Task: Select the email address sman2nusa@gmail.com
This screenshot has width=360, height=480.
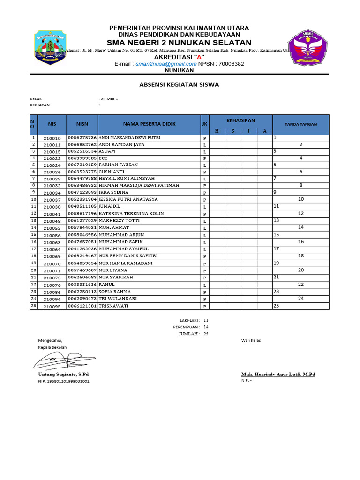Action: coord(159,64)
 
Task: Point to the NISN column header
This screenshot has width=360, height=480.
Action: coord(82,124)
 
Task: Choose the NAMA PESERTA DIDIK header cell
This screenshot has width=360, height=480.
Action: coord(149,124)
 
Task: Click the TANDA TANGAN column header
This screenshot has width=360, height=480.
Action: coord(301,124)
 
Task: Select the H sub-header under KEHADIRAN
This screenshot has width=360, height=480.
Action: coord(217,131)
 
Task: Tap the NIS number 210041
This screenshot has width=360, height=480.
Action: coord(52,214)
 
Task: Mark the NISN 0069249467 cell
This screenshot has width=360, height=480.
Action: coord(82,256)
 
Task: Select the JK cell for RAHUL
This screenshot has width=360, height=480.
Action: coord(205,285)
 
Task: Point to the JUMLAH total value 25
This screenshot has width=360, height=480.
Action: coord(206,334)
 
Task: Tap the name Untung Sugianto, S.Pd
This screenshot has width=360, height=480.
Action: coord(63,375)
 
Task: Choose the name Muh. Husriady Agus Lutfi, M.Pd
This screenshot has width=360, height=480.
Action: coord(278,375)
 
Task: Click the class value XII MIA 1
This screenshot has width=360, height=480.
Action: coord(110,99)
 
